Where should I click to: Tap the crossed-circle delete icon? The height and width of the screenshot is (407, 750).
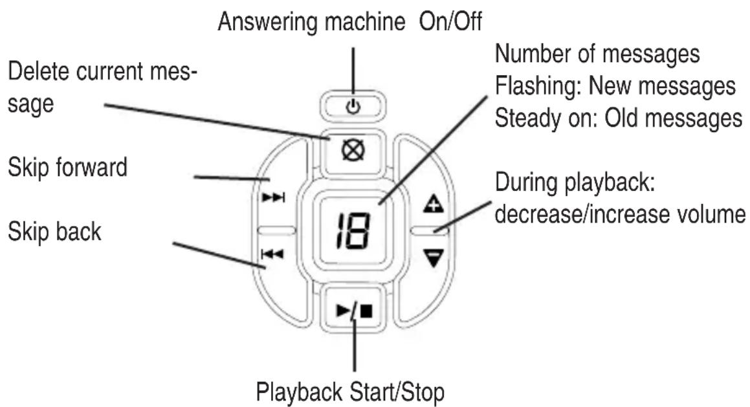[353, 151]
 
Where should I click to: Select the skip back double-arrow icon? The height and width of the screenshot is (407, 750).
[272, 254]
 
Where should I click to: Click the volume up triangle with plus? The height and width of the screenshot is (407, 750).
[434, 204]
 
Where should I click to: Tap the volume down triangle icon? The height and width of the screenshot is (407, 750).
[434, 258]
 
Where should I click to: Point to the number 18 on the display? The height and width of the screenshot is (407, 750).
[353, 230]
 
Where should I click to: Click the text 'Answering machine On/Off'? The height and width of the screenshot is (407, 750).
[349, 21]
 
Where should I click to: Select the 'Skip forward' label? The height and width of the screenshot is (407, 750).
[67, 168]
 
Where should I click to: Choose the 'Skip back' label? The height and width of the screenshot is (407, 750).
[54, 232]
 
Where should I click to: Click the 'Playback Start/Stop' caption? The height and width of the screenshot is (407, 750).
[350, 392]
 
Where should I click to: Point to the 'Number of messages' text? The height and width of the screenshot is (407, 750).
[597, 54]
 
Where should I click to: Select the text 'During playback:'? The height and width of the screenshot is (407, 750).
[575, 183]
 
